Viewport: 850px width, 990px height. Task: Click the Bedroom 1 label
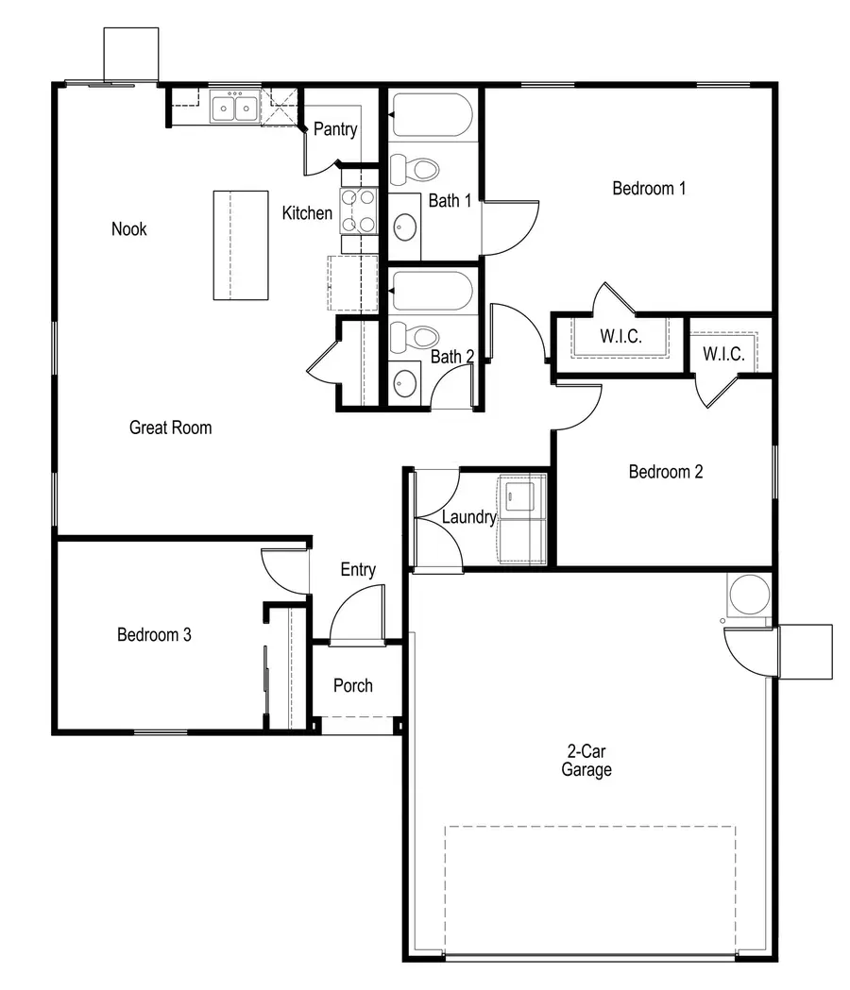click(649, 188)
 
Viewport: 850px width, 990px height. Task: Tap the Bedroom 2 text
click(666, 472)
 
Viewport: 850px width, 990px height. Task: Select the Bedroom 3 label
click(154, 634)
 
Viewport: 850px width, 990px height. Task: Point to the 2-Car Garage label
click(586, 761)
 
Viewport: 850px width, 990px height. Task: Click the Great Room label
click(170, 428)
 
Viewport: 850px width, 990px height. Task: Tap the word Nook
click(129, 228)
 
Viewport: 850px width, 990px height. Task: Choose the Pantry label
click(335, 129)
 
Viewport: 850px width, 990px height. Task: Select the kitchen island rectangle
click(241, 245)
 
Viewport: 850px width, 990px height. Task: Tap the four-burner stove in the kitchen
click(358, 210)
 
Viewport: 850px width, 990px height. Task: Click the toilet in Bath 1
click(416, 170)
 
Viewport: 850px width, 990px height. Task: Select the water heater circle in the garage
click(749, 595)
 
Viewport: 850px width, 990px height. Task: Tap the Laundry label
click(468, 517)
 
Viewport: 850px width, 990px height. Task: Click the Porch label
click(353, 685)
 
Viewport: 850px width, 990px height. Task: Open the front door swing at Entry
click(359, 613)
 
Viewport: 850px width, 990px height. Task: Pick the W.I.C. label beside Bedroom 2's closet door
click(724, 355)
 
